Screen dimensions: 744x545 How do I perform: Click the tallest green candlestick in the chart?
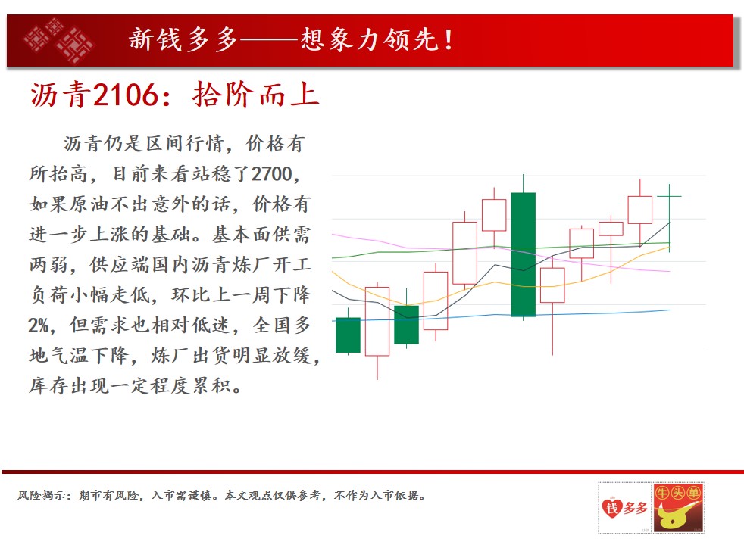tap(524, 254)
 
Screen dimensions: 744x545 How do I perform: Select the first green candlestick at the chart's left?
tap(348, 335)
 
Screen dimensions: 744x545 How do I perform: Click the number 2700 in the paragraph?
tap(272, 174)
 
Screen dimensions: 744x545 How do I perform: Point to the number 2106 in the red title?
tap(125, 95)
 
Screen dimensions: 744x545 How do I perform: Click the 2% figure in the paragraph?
tap(38, 325)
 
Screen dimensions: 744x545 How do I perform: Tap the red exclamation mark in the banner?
tap(448, 39)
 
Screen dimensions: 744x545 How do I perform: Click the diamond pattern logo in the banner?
tap(58, 40)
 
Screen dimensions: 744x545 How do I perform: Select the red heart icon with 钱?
tap(612, 508)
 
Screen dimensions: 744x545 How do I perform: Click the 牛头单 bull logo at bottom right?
tap(678, 508)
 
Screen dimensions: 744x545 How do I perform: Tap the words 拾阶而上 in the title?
tap(256, 95)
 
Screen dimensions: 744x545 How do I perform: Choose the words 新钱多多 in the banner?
tap(183, 39)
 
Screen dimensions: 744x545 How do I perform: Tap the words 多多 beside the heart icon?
tap(636, 508)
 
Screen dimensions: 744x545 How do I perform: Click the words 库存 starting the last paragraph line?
tap(49, 386)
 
